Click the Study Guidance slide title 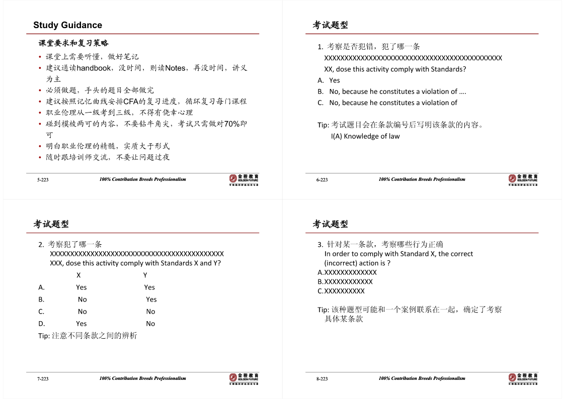(67, 25)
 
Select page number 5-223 (43, 180)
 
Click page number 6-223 (322, 180)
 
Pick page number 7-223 (43, 379)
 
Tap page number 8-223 (322, 379)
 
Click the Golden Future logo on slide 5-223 (244, 179)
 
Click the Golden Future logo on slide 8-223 (523, 378)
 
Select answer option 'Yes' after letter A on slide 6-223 (335, 80)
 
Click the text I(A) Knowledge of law (365, 136)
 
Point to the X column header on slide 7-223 (78, 275)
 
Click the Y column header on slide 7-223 (145, 275)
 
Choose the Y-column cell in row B (151, 300)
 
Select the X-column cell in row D (82, 324)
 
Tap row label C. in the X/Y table (41, 312)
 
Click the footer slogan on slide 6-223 (422, 179)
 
